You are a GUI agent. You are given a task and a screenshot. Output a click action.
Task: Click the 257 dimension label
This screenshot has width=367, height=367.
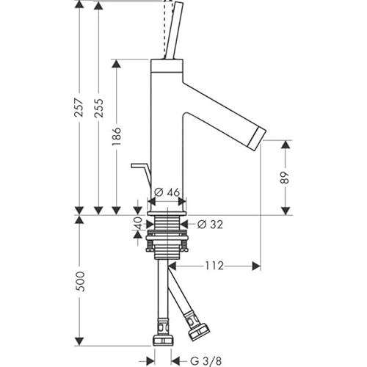pos(79,107)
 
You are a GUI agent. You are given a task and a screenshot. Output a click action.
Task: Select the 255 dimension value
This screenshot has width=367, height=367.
pos(99,108)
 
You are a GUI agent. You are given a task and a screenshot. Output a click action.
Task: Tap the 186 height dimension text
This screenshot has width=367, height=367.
pos(117,137)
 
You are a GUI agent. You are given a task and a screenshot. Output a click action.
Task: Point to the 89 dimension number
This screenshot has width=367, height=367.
pos(285,178)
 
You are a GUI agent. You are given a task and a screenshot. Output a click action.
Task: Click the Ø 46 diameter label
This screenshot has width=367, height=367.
pos(167,192)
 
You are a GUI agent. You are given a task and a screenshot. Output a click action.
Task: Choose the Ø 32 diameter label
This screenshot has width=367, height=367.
pos(210,225)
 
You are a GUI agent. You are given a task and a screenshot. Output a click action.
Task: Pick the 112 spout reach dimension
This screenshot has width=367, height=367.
pos(214,266)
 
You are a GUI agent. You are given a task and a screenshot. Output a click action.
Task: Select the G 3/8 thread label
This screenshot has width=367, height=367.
pos(206,361)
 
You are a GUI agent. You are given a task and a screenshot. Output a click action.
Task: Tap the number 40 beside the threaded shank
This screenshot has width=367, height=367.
pos(138,223)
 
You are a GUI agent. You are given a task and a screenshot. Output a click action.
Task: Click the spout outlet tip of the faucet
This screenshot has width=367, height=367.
pos(258,139)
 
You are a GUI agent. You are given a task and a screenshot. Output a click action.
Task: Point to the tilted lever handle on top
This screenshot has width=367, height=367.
pos(173,31)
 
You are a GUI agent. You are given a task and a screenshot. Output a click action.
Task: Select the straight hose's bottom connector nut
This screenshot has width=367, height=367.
pos(164,341)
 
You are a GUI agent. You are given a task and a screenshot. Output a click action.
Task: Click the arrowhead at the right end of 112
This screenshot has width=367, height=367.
pos(256,266)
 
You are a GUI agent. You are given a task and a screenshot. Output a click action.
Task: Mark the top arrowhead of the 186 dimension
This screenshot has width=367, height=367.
pos(116,64)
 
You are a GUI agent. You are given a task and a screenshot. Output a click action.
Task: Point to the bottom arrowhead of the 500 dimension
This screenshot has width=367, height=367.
pos(79,342)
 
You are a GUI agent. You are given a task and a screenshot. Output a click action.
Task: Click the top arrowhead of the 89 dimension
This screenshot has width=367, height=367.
pos(286,145)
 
